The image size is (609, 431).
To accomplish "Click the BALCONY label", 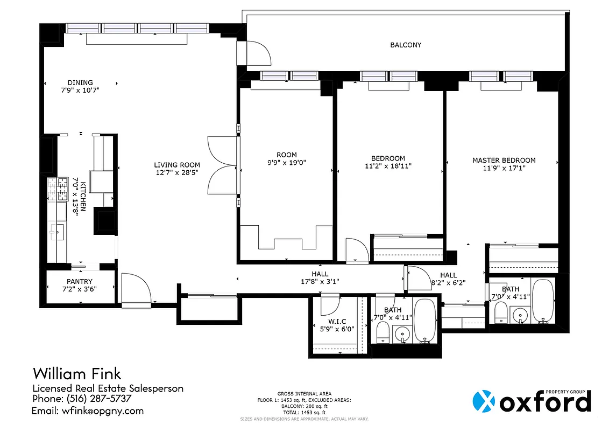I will (x=406, y=45).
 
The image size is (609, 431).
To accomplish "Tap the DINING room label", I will (x=80, y=83).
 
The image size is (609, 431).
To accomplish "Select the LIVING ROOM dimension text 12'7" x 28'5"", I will (x=177, y=173).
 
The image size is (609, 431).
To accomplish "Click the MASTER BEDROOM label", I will (x=504, y=161).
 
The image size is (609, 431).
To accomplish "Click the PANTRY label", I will (x=80, y=281).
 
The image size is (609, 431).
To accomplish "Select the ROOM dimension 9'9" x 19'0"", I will (x=287, y=163).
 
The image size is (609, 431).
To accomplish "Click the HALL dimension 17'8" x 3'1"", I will (x=320, y=281).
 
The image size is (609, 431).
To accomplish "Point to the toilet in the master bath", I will (x=500, y=312).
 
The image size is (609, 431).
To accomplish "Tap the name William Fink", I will (x=77, y=373).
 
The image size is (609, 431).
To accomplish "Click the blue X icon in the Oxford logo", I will (x=483, y=401).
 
